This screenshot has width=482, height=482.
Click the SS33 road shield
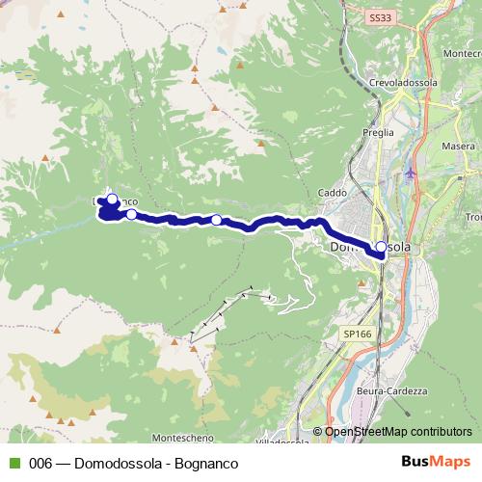(x=380, y=17)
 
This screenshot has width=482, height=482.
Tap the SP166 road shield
(x=356, y=334)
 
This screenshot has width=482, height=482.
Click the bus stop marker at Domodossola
(x=381, y=248)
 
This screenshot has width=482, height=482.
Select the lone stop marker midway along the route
(x=216, y=220)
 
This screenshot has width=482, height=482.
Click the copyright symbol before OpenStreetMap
(x=318, y=432)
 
